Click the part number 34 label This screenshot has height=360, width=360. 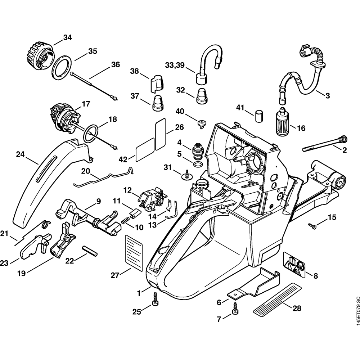click(67, 37)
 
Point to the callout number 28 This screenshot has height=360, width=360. click(297, 309)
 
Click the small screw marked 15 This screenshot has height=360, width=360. click(312, 226)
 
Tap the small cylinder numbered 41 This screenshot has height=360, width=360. click(258, 117)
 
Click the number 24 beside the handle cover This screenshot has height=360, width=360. click(21, 154)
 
